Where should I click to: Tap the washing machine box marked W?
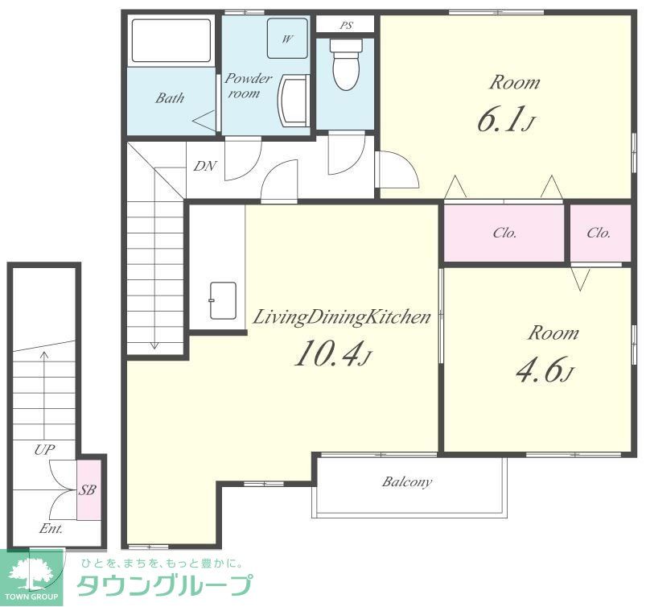click(287, 38)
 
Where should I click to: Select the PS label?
click(346, 25)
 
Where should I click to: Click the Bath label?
click(170, 98)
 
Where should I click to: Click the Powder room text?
click(247, 86)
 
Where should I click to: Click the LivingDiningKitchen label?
click(342, 316)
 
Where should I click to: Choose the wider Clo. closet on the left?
click(504, 233)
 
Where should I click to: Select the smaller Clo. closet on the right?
click(599, 233)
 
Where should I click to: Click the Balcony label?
click(407, 482)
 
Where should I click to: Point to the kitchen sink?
click(223, 300)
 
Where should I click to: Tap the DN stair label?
click(204, 166)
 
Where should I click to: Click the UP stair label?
click(44, 450)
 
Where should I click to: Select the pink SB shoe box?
click(88, 489)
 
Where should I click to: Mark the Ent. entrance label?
click(51, 529)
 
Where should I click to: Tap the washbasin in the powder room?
click(294, 102)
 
